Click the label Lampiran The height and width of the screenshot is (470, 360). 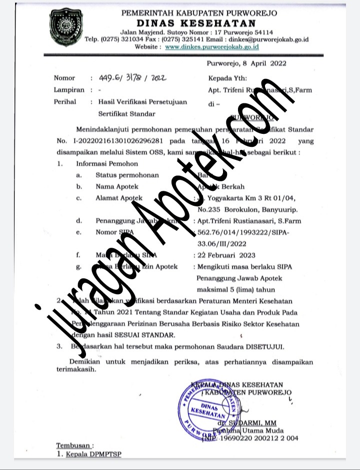tap(68, 90)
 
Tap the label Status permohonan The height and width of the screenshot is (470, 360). tap(127, 175)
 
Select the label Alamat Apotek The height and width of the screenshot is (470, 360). tap(119, 198)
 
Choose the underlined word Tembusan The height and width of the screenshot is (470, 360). tap(73, 445)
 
